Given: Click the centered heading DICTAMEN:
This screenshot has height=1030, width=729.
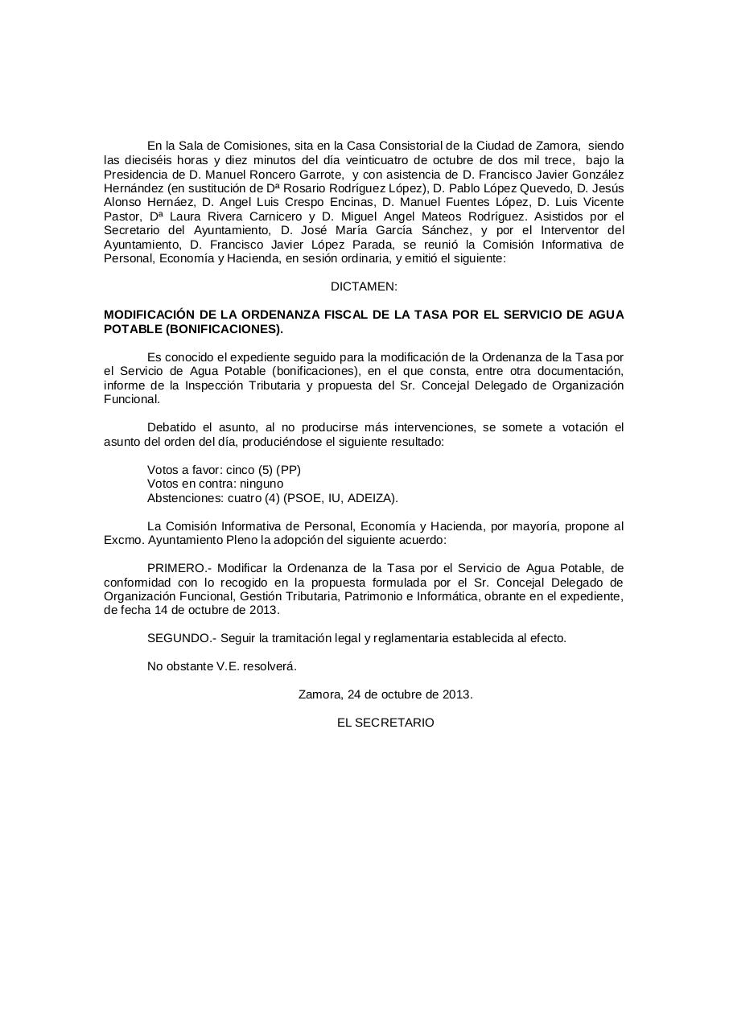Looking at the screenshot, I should pyautogui.click(x=364, y=286).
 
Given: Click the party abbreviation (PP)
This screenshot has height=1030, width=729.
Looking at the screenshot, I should pyautogui.click(x=288, y=470).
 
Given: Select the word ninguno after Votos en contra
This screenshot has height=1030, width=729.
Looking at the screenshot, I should pyautogui.click(x=260, y=484).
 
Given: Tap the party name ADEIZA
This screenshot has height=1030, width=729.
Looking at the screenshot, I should pyautogui.click(x=372, y=498).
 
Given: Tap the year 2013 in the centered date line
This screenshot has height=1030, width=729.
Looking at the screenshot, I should pyautogui.click(x=456, y=694).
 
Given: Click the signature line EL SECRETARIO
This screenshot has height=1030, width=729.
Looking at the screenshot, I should pyautogui.click(x=385, y=723).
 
